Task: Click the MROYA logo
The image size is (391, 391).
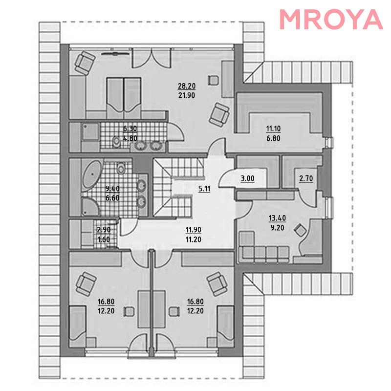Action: (x=331, y=20)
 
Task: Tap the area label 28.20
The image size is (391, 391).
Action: (x=187, y=87)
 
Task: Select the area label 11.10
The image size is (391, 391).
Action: (x=273, y=129)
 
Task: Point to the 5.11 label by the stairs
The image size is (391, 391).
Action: (x=204, y=189)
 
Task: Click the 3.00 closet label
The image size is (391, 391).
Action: (x=248, y=178)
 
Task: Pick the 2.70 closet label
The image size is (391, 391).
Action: (x=306, y=178)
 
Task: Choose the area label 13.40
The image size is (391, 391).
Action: (x=277, y=218)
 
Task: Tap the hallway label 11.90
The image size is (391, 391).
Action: (x=194, y=230)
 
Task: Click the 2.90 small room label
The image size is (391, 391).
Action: (x=104, y=230)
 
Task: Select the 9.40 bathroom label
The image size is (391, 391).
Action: (x=112, y=189)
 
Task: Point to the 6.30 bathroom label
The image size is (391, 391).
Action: (x=130, y=129)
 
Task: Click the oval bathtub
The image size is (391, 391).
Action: (x=92, y=174)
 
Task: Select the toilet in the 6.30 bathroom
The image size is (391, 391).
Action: (x=116, y=142)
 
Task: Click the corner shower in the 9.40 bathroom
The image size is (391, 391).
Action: (x=90, y=206)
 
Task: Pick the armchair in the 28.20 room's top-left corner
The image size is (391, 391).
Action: (x=85, y=63)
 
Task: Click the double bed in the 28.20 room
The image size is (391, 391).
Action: (x=124, y=98)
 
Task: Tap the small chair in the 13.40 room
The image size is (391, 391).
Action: (x=300, y=230)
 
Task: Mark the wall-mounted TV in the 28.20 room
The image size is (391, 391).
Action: (x=115, y=53)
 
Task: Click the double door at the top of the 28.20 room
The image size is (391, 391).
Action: (x=152, y=58)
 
